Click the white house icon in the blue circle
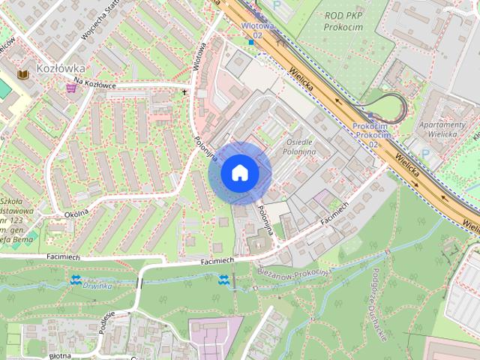click(x=238, y=172)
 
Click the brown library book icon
click(x=22, y=74)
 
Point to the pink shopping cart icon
click(x=70, y=88)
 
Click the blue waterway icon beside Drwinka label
click(x=76, y=280)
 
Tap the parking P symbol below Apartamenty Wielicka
click(x=425, y=153)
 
